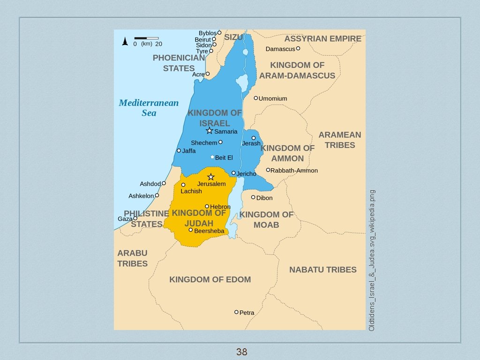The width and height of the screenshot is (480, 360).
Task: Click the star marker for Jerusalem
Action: [211, 177]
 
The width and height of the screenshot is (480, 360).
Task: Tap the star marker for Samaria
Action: [210, 131]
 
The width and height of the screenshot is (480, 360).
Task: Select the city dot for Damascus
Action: [298, 48]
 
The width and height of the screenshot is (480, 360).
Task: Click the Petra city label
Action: [247, 313]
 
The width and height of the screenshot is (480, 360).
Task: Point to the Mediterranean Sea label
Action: [149, 108]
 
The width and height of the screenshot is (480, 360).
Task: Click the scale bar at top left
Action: [146, 38]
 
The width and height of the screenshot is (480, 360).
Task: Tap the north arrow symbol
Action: [125, 41]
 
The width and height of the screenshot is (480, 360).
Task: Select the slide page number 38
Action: [241, 352]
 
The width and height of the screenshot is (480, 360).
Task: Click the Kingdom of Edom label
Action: [210, 279]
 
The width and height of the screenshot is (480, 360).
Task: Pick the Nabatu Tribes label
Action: [322, 270]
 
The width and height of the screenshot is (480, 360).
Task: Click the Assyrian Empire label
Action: [322, 38]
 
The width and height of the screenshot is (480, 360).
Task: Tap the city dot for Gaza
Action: [135, 218]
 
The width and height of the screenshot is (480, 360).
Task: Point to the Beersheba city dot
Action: [191, 230]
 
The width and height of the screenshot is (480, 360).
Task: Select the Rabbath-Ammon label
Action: [294, 171]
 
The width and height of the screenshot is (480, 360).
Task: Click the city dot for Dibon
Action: [253, 197]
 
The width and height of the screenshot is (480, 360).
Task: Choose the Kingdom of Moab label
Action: [266, 220]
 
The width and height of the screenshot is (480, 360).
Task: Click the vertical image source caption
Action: [372, 260]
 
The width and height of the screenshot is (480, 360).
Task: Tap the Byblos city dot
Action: [219, 33]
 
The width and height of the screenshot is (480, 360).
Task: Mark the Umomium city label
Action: [273, 98]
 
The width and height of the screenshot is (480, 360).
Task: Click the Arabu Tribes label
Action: [132, 258]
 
